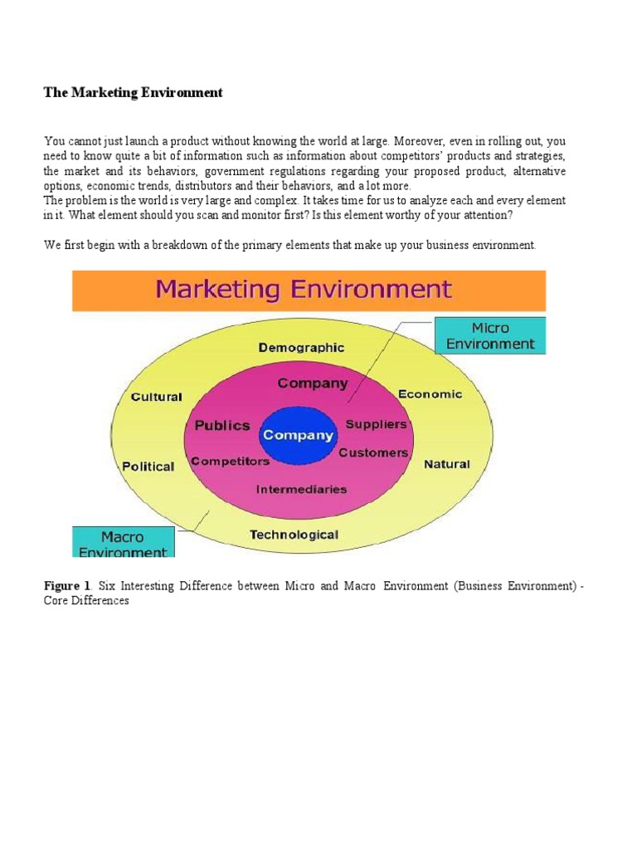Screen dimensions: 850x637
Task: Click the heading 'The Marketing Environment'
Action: [133, 93]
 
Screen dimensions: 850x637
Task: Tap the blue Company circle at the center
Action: [298, 435]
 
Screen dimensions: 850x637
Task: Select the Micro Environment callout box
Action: [490, 335]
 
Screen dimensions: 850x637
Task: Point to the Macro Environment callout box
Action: [123, 544]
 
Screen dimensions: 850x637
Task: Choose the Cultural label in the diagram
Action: [157, 397]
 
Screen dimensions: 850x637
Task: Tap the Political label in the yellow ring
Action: [148, 467]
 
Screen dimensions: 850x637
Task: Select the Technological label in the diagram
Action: [294, 535]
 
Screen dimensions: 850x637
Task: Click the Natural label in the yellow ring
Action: [447, 464]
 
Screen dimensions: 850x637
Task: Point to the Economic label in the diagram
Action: [430, 394]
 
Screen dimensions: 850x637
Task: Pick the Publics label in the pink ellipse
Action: [221, 425]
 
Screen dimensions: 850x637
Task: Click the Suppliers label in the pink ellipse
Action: [377, 424]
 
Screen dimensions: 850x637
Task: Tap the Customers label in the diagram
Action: [373, 452]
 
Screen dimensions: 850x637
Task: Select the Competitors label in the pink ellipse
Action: [230, 461]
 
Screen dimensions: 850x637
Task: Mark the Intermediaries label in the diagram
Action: [302, 489]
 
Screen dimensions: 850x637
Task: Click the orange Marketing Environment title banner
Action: [309, 291]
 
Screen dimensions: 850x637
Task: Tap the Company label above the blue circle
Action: [313, 383]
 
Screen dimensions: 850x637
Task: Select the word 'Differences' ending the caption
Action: [103, 600]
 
